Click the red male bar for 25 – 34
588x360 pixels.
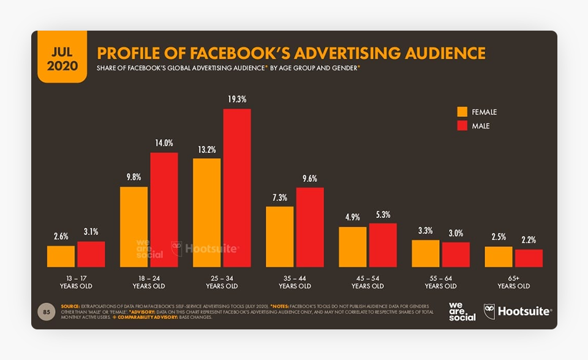pos(236,187)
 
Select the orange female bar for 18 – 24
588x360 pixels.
pos(134,227)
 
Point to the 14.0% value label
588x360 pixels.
pos(164,143)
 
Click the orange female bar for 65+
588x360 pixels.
pos(498,257)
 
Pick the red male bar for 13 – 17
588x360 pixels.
pos(91,254)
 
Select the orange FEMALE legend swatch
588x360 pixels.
pos(462,112)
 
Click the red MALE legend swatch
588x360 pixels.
pos(462,126)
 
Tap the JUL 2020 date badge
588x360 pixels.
pos(62,58)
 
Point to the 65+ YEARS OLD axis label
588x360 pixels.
pos(513,282)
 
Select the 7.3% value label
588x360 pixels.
pos(280,198)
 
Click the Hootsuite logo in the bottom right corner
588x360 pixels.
pos(518,311)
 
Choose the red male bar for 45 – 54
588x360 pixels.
pos(383,245)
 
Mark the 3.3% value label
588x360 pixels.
pos(426,231)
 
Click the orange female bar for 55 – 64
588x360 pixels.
pos(426,253)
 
